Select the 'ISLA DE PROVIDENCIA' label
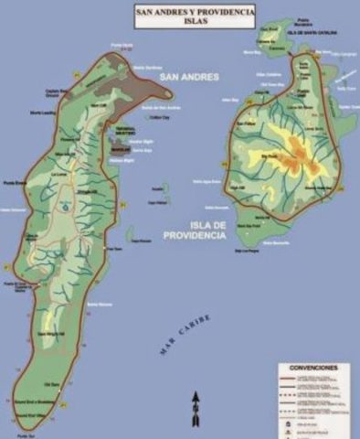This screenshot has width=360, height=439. (x=195, y=229)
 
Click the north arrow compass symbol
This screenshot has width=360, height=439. (x=196, y=406)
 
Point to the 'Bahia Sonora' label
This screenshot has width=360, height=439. (x=98, y=303)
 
